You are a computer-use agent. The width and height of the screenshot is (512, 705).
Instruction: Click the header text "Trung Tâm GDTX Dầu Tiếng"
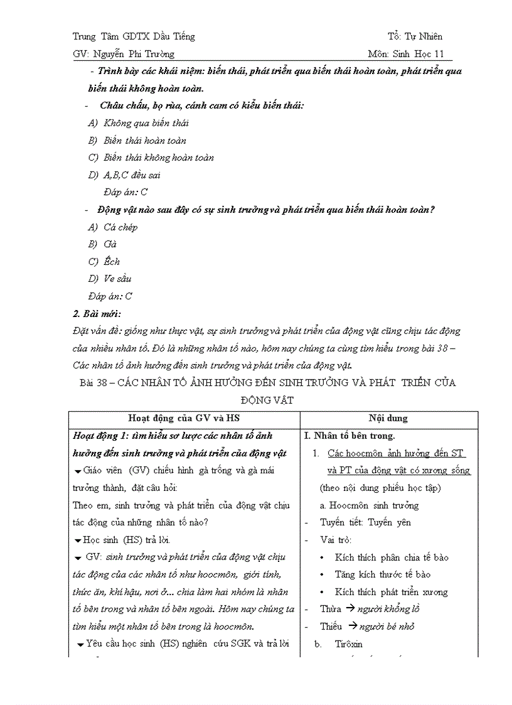pyautogui.click(x=134, y=36)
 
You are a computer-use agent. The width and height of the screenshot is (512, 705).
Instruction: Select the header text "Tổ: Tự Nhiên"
pyautogui.click(x=415, y=36)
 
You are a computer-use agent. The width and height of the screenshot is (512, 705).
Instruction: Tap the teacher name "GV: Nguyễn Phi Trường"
pyautogui.click(x=124, y=54)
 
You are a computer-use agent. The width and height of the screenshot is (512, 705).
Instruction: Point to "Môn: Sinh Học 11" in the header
pyautogui.click(x=406, y=54)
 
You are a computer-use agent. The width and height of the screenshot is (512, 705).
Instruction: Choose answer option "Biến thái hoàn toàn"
pyautogui.click(x=144, y=141)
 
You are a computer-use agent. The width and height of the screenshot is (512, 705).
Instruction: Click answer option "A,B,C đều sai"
pyautogui.click(x=132, y=175)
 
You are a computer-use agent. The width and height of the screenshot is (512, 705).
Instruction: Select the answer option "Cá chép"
pyautogui.click(x=120, y=227)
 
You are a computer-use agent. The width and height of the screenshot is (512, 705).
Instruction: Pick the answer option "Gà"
pyautogui.click(x=110, y=244)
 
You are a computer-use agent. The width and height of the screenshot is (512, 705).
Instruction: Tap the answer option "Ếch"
pyautogui.click(x=111, y=262)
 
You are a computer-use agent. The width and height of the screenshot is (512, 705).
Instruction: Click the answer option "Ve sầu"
pyautogui.click(x=117, y=279)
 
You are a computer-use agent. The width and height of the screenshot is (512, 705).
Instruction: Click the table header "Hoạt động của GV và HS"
pyautogui.click(x=184, y=418)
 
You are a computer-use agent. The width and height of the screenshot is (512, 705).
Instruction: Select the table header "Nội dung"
pyautogui.click(x=388, y=418)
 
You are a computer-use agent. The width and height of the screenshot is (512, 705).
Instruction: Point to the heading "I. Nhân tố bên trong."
pyautogui.click(x=349, y=436)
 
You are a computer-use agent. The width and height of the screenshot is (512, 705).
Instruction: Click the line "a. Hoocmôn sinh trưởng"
pyautogui.click(x=369, y=505)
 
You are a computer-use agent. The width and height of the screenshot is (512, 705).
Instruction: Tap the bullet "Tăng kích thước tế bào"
pyautogui.click(x=382, y=574)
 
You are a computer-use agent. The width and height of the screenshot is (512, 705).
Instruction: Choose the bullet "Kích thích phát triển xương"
pyautogui.click(x=391, y=592)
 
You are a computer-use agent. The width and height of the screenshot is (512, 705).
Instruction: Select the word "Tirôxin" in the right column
pyautogui.click(x=348, y=644)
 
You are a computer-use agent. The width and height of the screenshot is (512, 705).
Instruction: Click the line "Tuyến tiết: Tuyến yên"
pyautogui.click(x=365, y=522)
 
